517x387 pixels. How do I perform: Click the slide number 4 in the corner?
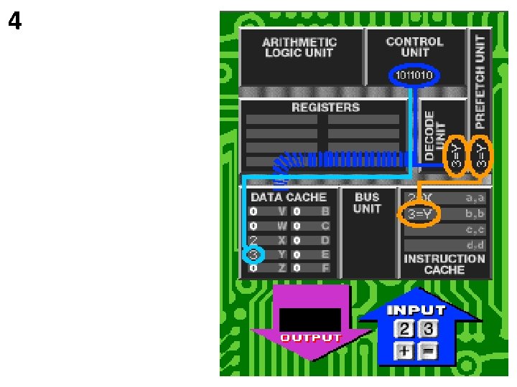pyautogui.click(x=15, y=21)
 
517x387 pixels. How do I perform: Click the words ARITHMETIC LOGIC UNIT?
pyautogui.click(x=299, y=48)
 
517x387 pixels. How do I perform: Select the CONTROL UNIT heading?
pyautogui.click(x=414, y=47)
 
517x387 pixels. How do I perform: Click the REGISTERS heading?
pyautogui.click(x=325, y=107)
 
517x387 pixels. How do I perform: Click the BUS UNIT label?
pyautogui.click(x=367, y=203)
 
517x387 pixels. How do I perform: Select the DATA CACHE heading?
pyautogui.click(x=288, y=197)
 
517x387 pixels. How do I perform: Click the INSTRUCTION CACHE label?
pyautogui.click(x=444, y=264)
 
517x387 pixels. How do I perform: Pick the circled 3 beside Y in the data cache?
pyautogui.click(x=253, y=254)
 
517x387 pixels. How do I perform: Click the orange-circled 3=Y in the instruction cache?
pyautogui.click(x=419, y=214)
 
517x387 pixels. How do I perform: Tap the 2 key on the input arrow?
pyautogui.click(x=406, y=330)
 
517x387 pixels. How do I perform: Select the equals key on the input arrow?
pyautogui.click(x=429, y=350)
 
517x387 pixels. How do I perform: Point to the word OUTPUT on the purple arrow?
pyautogui.click(x=310, y=338)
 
